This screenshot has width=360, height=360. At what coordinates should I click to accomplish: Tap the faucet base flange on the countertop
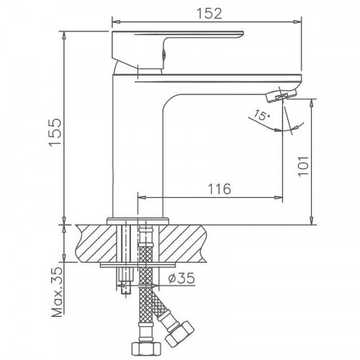138,220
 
